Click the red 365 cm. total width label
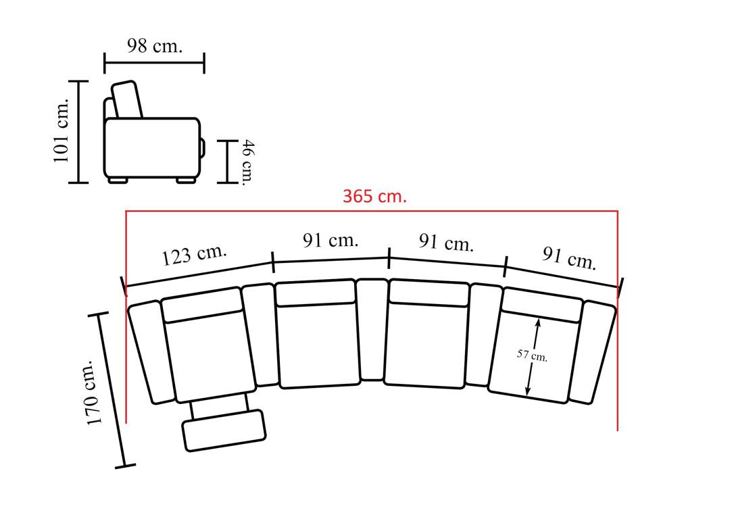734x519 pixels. coord(374,196)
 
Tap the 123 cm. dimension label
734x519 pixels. coord(194,254)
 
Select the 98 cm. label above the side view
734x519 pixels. coord(155,46)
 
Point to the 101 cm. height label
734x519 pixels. coord(62,130)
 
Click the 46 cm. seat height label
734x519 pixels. coord(247,162)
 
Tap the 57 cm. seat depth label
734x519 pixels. coord(532,355)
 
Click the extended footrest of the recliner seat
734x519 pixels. coord(224,430)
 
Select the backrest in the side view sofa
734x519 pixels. coord(126,99)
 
